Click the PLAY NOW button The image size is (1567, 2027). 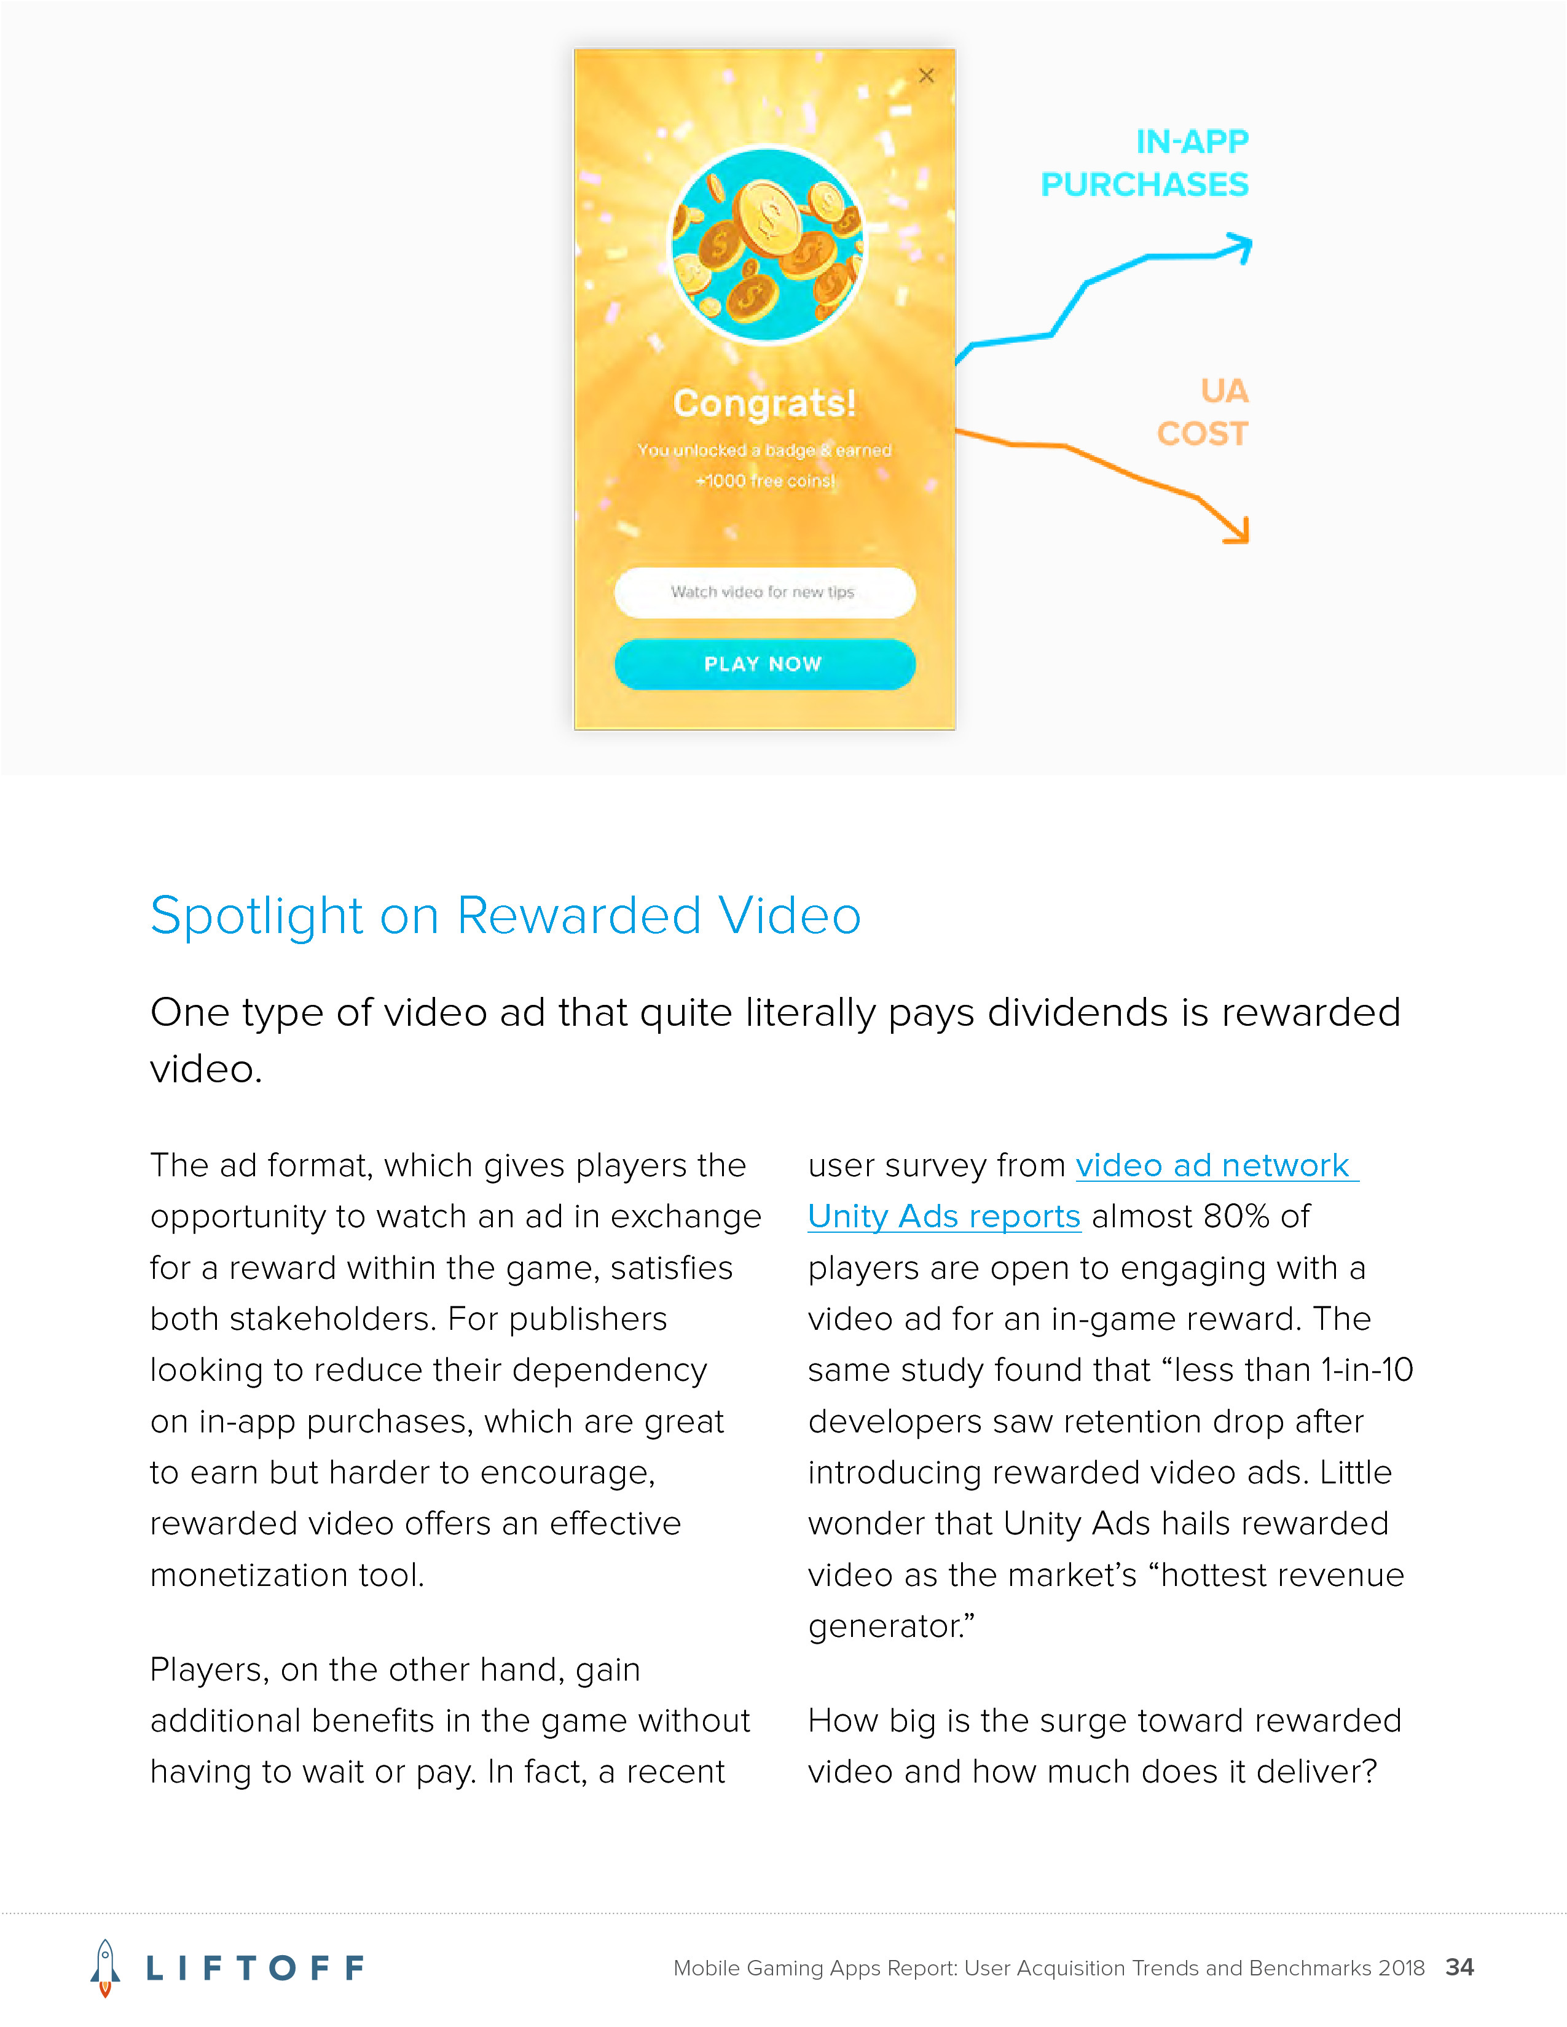pyautogui.click(x=764, y=665)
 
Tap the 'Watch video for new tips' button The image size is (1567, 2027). pyautogui.click(x=764, y=592)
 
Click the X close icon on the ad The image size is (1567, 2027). pyautogui.click(x=927, y=76)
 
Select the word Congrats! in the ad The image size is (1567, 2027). pyautogui.click(x=764, y=404)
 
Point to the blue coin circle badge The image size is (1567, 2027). pyautogui.click(x=768, y=246)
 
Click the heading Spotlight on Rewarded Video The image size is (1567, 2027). pyautogui.click(x=506, y=916)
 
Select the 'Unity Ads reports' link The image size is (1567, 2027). pyautogui.click(x=944, y=1217)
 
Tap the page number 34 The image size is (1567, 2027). pyautogui.click(x=1459, y=1967)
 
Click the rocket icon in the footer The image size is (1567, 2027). pyautogui.click(x=105, y=1967)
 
